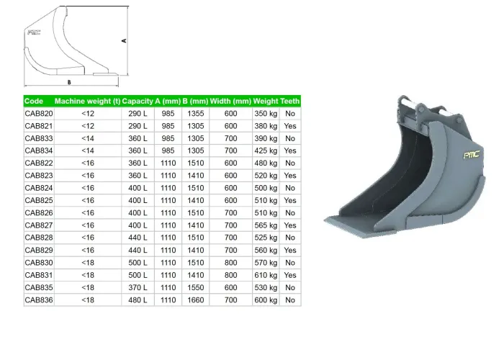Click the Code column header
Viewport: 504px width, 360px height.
coord(34,102)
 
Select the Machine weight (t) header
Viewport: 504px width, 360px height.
coord(87,102)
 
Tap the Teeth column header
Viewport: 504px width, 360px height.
coord(290,102)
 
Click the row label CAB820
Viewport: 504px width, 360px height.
coord(39,114)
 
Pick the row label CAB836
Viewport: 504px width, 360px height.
coord(39,300)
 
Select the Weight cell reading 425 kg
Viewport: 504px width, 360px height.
coord(266,150)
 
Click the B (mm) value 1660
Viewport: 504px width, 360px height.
coord(196,300)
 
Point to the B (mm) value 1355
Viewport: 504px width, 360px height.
coord(196,114)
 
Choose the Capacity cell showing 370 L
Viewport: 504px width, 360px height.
coord(138,287)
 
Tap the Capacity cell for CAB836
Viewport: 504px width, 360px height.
coord(138,300)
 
